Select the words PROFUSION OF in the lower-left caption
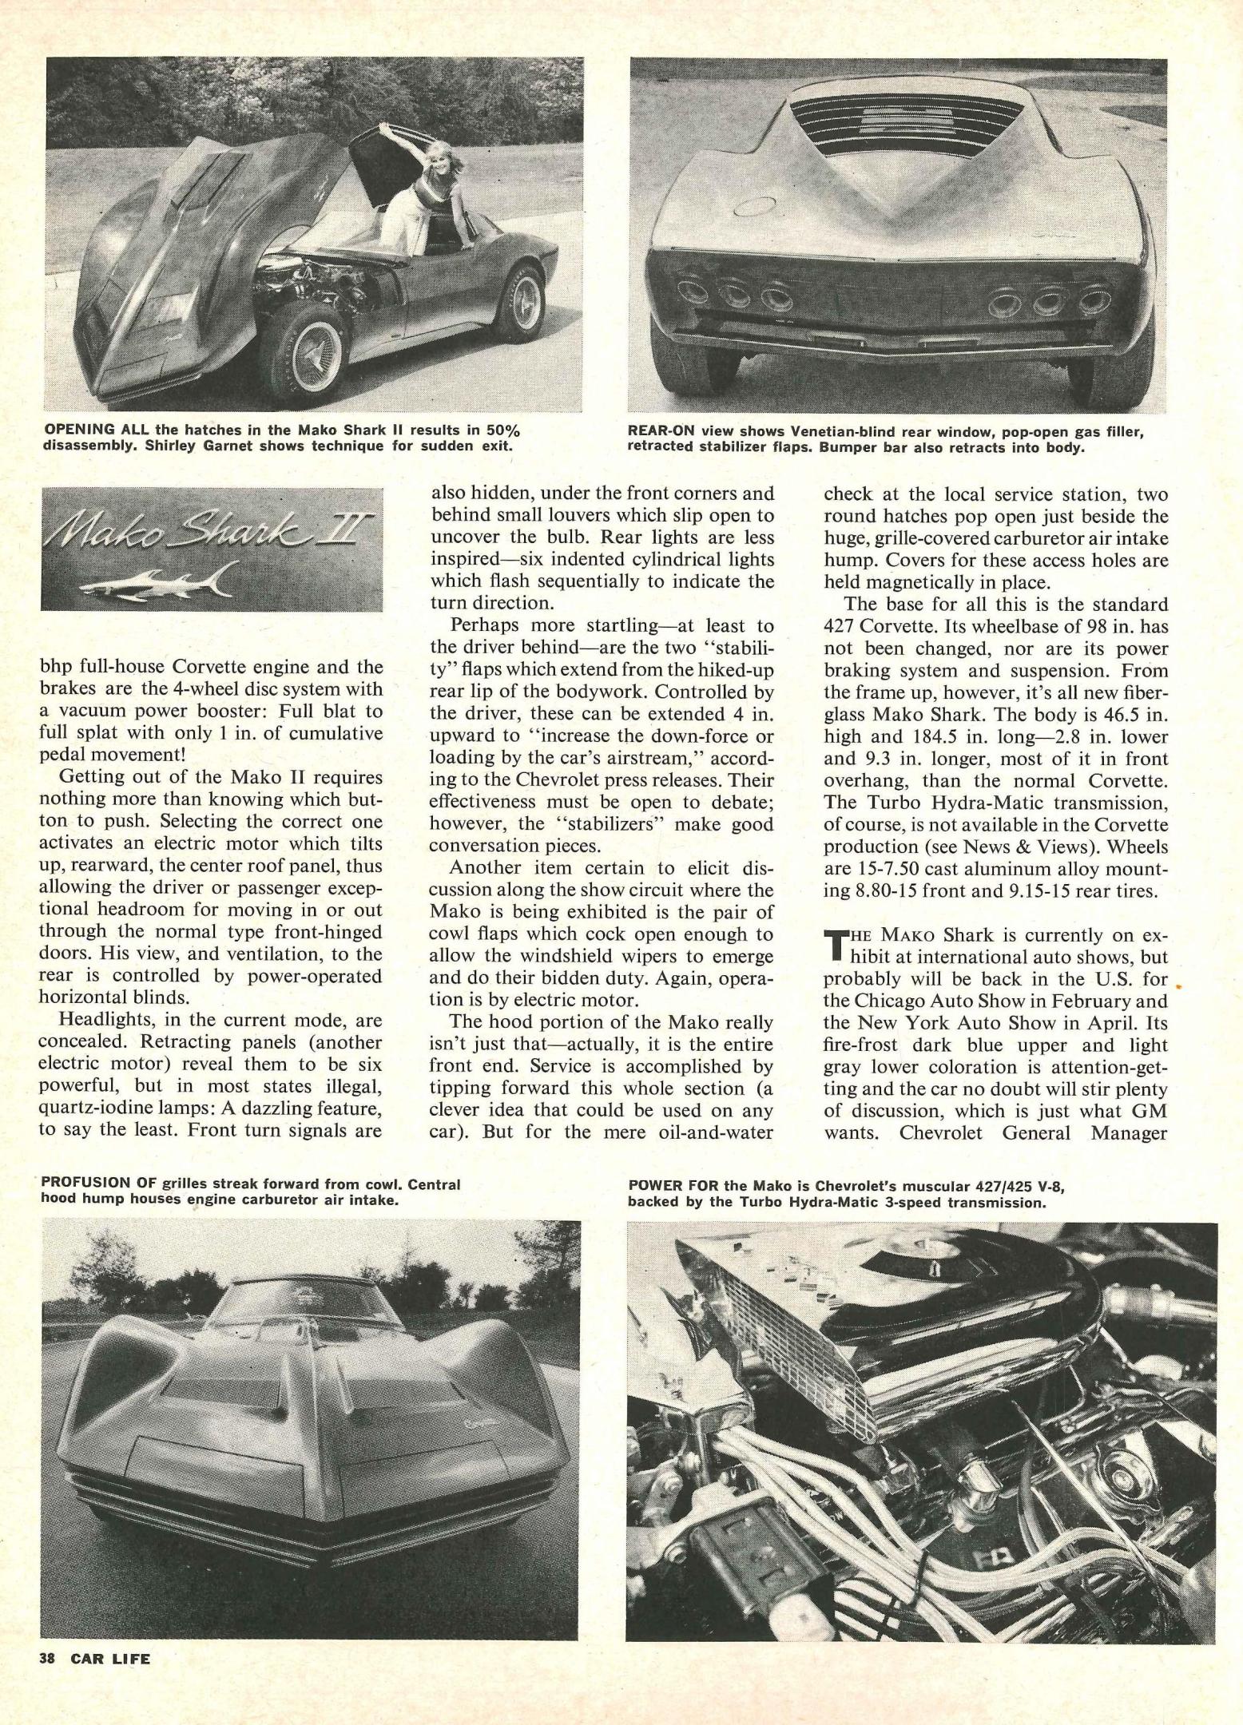pyautogui.click(x=99, y=1184)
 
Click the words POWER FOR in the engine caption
pyautogui.click(x=670, y=1186)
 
